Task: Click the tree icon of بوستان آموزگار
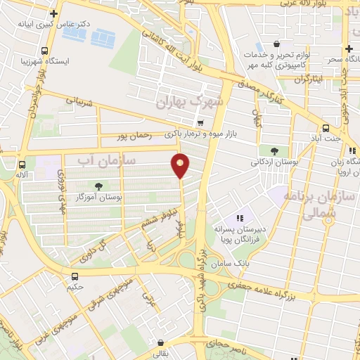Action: point(97,186)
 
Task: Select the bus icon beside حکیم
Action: point(75,276)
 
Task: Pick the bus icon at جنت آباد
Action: point(326,128)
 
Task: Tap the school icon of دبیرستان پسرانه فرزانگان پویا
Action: point(240,219)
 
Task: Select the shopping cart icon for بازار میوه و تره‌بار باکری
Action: point(201,122)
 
